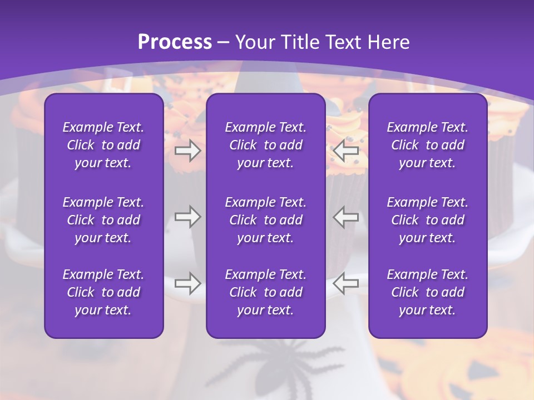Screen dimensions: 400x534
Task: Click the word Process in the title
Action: tap(175, 42)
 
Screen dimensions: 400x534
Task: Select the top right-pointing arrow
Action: tap(187, 151)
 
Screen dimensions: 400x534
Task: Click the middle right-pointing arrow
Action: tap(187, 217)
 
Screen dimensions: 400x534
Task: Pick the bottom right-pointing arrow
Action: tap(187, 283)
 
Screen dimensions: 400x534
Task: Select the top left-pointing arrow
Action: tap(346, 151)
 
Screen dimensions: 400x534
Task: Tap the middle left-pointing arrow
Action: tap(346, 217)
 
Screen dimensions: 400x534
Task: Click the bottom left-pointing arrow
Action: tap(346, 283)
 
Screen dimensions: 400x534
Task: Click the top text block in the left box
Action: tap(103, 145)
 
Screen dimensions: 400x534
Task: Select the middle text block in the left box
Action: tap(103, 220)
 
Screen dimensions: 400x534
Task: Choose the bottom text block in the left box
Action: tap(103, 292)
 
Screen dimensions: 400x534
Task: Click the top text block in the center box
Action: tap(266, 145)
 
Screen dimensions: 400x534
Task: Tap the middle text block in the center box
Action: tap(266, 220)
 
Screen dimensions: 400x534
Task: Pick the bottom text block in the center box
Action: tap(266, 292)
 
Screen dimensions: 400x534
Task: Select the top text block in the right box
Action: tap(428, 145)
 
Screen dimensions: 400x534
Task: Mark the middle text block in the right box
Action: tap(428, 220)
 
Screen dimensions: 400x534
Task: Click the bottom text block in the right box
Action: tap(428, 292)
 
